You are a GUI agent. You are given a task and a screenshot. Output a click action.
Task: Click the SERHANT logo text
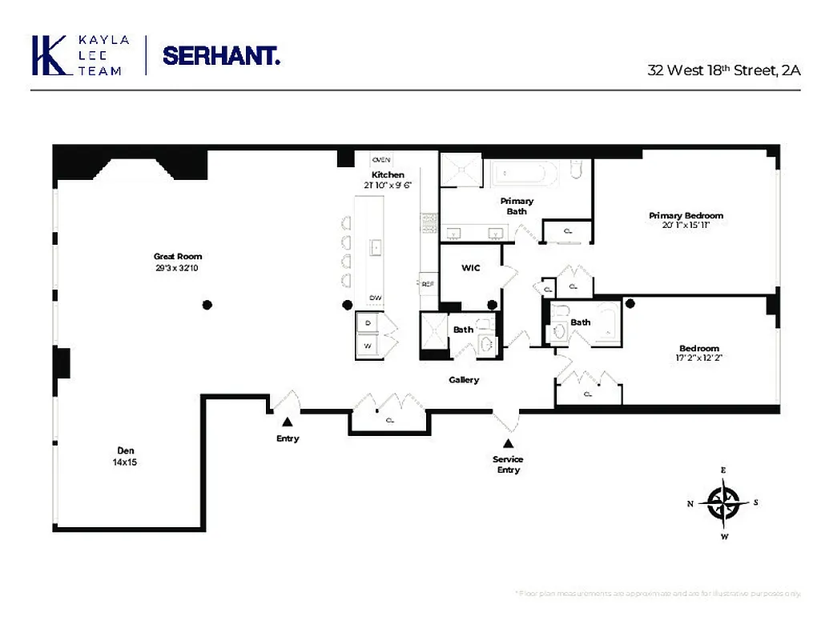pyautogui.click(x=221, y=55)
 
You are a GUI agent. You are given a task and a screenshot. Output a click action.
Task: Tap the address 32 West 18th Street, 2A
pyautogui.click(x=723, y=70)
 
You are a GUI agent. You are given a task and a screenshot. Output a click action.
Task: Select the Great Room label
pyautogui.click(x=178, y=257)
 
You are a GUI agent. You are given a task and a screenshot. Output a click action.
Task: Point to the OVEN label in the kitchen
pyautogui.click(x=381, y=159)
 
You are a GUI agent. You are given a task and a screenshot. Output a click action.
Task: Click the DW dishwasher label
pyautogui.click(x=376, y=298)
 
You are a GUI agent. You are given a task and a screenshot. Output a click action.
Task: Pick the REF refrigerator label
pyautogui.click(x=428, y=283)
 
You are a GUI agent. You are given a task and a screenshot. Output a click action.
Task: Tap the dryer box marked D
pyautogui.click(x=368, y=322)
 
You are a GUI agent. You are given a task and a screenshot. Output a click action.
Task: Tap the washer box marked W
pyautogui.click(x=368, y=346)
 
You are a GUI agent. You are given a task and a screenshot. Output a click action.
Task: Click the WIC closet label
pyautogui.click(x=471, y=267)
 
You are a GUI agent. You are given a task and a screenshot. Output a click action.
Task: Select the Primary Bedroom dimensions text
pyautogui.click(x=686, y=226)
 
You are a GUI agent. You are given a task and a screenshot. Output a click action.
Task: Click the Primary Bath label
pyautogui.click(x=517, y=206)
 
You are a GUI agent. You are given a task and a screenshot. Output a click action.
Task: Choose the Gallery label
pyautogui.click(x=464, y=380)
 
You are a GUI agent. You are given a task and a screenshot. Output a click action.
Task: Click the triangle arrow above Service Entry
pyautogui.click(x=508, y=443)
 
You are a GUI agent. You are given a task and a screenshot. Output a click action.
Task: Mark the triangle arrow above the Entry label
pyautogui.click(x=287, y=422)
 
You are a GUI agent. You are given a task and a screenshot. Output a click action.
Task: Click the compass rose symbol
pyautogui.click(x=723, y=503)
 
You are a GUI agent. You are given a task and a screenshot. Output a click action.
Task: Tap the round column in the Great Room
pyautogui.click(x=207, y=304)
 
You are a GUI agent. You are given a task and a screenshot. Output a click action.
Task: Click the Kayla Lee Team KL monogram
pyautogui.click(x=50, y=55)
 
